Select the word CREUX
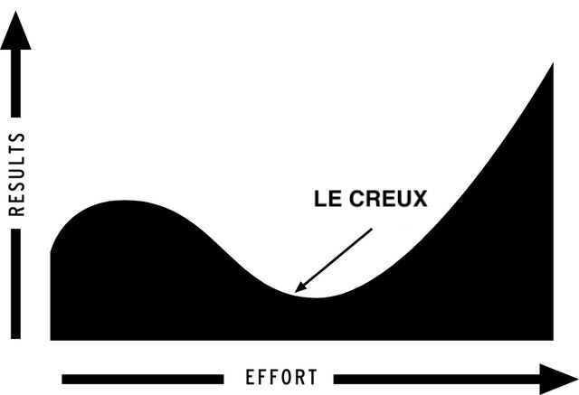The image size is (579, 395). pos(388,199)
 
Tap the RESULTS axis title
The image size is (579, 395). pos(17,174)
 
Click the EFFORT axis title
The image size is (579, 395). pos(281,377)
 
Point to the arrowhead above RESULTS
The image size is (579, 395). pos(15,31)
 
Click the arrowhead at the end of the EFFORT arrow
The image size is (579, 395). pos(558,379)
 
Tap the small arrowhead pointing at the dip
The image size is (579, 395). pos(300,287)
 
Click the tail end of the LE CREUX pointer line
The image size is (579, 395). pos(372,229)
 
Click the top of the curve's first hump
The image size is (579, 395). pos(125,201)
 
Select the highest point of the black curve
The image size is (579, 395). pos(553,63)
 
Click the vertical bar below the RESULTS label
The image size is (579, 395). pos(16,284)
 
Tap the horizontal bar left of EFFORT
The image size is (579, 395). pos(143,379)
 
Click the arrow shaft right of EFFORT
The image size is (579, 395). pos(437,379)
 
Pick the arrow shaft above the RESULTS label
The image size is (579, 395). pos(16,84)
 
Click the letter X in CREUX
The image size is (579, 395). pos(420,199)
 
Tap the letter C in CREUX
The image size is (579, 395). pos(356,199)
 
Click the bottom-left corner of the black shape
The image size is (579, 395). pos(51,340)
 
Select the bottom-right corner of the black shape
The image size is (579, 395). pos(553,340)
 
